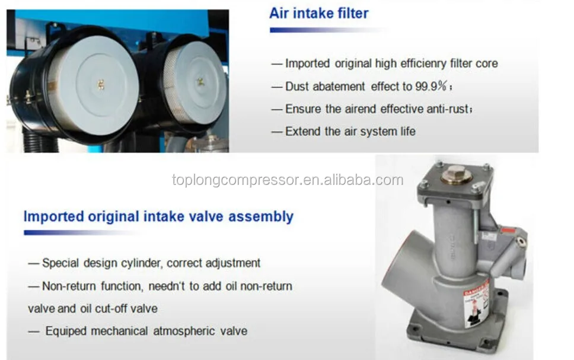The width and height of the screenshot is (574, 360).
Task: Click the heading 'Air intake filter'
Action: coord(319,13)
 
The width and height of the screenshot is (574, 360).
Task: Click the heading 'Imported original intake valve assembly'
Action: coord(158,216)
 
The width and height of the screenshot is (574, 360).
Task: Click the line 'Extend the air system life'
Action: coord(350,131)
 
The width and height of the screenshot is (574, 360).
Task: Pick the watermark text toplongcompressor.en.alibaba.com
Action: coord(288,180)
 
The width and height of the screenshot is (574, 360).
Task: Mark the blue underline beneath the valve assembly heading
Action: coord(83,232)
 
